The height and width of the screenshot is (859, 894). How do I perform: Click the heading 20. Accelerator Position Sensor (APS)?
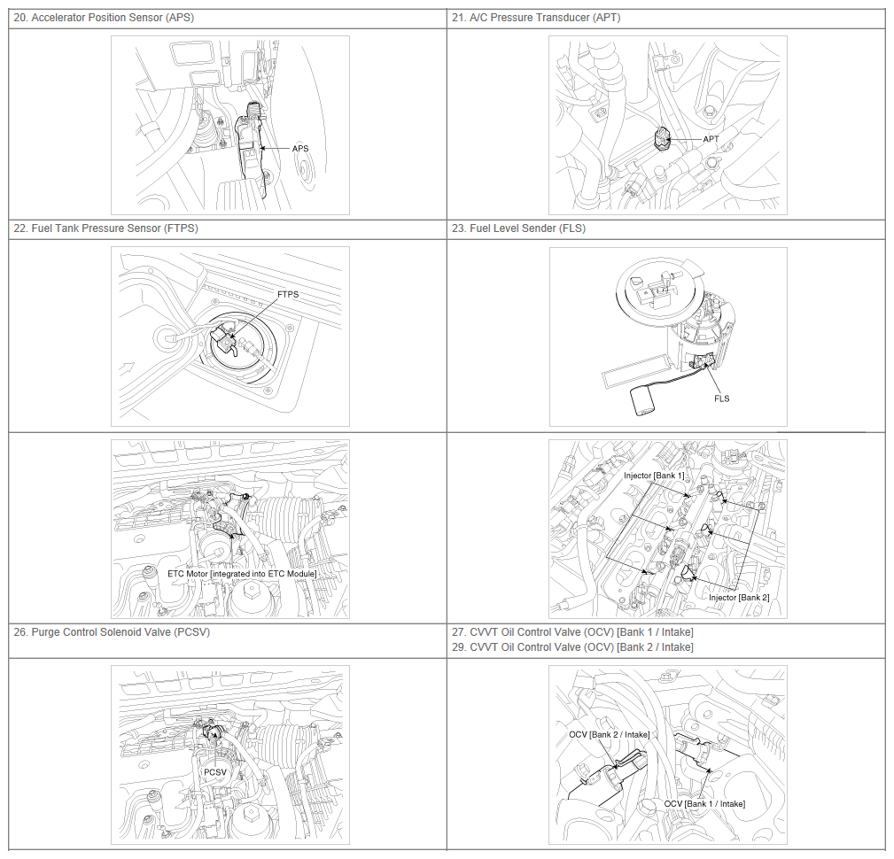tap(104, 18)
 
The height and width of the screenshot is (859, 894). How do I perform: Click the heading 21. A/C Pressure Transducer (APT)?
tap(536, 18)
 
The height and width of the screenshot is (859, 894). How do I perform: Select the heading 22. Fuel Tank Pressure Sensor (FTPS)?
tap(106, 228)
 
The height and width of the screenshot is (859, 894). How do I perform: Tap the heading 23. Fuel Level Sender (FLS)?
tap(519, 228)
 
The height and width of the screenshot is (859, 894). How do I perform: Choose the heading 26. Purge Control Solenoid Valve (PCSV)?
tap(112, 632)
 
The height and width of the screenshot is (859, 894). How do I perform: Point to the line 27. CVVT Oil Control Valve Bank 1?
tap(572, 632)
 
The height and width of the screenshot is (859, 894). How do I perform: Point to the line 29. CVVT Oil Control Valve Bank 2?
tap(572, 647)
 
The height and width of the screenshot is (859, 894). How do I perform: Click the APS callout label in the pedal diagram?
tap(299, 149)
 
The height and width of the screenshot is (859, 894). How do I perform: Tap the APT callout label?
tap(711, 139)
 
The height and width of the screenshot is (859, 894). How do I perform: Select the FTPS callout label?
tap(288, 294)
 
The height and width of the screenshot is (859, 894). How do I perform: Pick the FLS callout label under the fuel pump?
tap(722, 399)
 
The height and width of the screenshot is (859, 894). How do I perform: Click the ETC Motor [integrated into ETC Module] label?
tap(242, 574)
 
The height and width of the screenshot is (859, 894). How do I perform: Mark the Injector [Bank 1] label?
tap(654, 476)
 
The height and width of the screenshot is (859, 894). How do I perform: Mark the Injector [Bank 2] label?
tap(739, 598)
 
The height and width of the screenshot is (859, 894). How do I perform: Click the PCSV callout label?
tap(215, 772)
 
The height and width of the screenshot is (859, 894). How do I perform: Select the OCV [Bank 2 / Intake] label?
tap(610, 735)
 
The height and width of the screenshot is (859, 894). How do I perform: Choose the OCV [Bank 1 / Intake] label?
tap(704, 804)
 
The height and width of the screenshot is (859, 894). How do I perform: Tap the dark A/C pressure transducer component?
tap(663, 138)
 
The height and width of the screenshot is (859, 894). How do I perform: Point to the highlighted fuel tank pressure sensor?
tap(223, 338)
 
